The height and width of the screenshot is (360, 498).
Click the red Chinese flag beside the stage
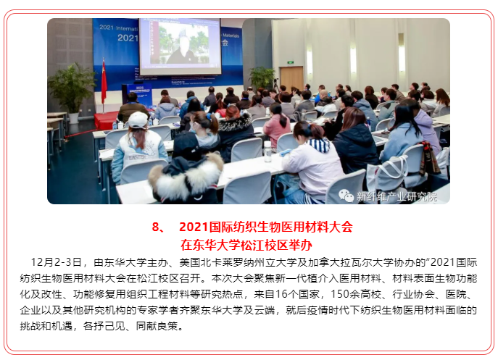click(104, 81)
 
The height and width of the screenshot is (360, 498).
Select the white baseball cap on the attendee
click(138, 120)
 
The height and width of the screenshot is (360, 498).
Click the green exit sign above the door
click(290, 62)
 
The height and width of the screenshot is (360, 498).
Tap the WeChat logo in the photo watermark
click(346, 196)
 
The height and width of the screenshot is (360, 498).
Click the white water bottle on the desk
click(267, 151)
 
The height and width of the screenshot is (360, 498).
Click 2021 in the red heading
click(194, 227)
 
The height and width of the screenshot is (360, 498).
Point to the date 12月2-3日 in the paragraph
click(56, 262)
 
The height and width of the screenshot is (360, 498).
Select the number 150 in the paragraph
click(340, 294)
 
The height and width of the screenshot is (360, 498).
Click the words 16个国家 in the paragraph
click(297, 294)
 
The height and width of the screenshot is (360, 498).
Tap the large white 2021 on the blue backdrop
click(128, 38)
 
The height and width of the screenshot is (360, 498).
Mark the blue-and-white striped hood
click(319, 145)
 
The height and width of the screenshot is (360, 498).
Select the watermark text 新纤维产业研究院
click(397, 197)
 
